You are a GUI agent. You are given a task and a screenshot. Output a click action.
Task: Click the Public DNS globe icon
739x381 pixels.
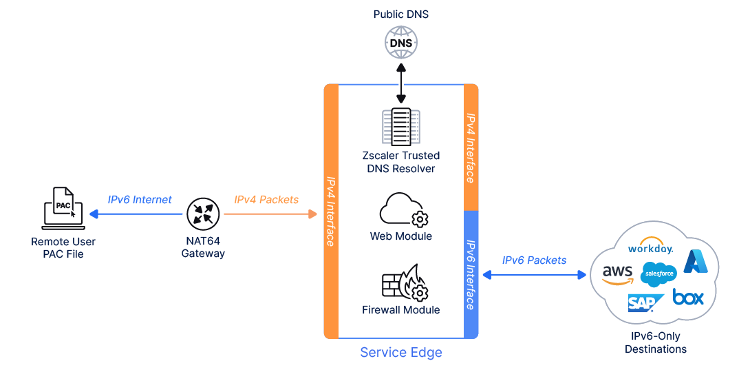tap(401, 43)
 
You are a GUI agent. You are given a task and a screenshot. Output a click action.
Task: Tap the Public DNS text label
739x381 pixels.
tap(401, 14)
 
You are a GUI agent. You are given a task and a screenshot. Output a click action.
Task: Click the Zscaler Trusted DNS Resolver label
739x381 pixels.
tap(401, 162)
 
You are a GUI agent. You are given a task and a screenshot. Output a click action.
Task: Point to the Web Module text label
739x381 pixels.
tap(401, 236)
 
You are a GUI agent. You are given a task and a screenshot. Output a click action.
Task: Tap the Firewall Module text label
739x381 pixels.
tap(401, 310)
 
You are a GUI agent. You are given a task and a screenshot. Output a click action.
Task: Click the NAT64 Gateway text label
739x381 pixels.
tap(203, 247)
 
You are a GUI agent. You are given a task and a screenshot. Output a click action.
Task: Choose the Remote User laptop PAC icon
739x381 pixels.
tap(63, 208)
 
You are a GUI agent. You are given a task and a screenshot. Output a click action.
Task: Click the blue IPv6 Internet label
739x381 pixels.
tap(140, 200)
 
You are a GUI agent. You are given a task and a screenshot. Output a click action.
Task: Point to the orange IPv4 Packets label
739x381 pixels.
tap(266, 200)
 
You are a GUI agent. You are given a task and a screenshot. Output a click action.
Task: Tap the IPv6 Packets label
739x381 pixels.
tap(535, 260)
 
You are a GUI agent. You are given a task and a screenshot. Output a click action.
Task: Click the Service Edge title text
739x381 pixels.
tap(401, 353)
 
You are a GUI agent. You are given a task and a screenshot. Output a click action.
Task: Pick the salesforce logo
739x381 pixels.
tap(658, 274)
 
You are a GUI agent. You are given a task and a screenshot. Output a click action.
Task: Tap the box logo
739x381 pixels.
tap(688, 298)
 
